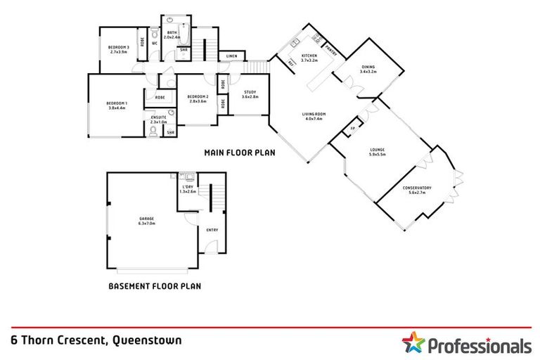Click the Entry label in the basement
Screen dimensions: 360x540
[212, 230]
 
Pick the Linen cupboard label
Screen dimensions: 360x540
[231, 56]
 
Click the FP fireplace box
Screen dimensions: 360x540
[352, 130]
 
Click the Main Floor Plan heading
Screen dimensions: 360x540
[239, 152]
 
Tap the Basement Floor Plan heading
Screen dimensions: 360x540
[155, 286]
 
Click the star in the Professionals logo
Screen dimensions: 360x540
[413, 345]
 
